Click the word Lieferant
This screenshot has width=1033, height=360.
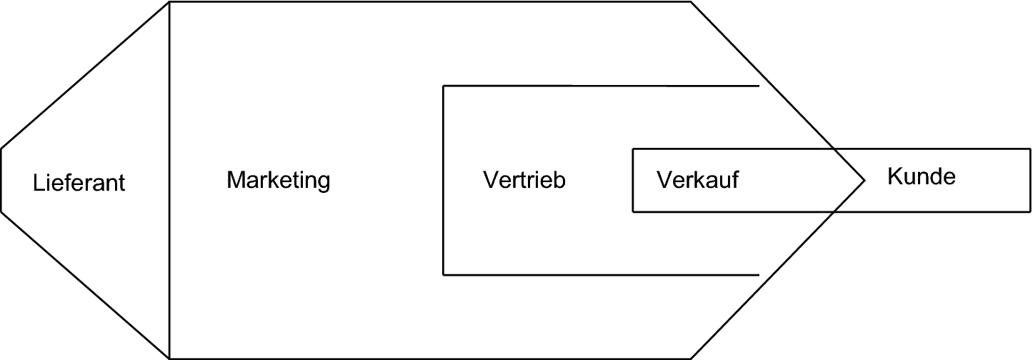click(79, 183)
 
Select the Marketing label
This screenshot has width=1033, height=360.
click(279, 180)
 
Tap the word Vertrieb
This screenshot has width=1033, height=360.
click(524, 179)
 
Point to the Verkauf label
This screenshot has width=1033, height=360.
click(697, 180)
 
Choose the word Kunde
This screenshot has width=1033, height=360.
click(921, 176)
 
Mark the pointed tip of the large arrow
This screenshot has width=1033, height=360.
click(865, 180)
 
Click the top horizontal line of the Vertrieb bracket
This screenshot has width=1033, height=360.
click(600, 86)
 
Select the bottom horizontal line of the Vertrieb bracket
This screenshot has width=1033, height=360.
click(600, 274)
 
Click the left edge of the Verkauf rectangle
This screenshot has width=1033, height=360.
click(633, 180)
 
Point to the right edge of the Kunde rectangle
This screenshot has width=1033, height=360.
click(1030, 180)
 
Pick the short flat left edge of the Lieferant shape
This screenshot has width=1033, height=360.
click(1, 180)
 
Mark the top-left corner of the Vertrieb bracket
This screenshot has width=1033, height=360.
click(444, 86)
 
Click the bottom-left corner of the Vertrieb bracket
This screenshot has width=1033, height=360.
click(444, 274)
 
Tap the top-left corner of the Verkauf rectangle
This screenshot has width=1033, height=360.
click(633, 149)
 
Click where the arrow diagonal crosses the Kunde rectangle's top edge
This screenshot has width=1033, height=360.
click(834, 149)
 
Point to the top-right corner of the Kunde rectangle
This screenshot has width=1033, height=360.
click(1030, 149)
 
